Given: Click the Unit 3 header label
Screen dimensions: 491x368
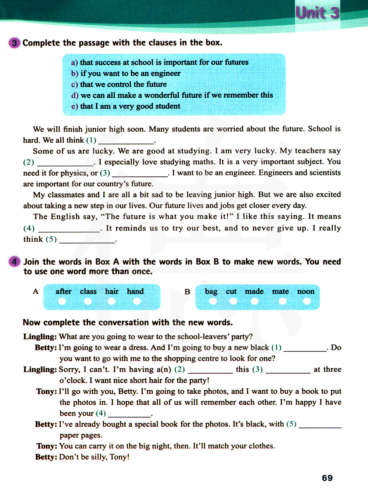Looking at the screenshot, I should (317, 13).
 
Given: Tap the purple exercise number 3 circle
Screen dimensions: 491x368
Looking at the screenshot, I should (14, 43).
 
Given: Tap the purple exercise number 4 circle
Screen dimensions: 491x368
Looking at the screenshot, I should (14, 262).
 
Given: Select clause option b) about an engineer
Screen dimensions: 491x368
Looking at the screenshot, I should (126, 74).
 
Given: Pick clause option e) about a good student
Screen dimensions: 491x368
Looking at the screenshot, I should (126, 106).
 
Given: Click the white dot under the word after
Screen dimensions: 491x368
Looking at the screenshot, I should (62, 301).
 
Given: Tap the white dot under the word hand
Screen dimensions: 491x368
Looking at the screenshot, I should (137, 301).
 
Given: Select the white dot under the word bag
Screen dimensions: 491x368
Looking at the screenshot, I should (212, 301).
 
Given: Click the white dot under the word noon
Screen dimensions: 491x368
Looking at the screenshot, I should (307, 301).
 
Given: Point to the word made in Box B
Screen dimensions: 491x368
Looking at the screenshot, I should (254, 291).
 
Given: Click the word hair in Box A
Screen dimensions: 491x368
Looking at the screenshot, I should (112, 291).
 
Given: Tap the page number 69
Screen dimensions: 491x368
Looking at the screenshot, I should (327, 478).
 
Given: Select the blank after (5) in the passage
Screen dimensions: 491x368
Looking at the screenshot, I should (87, 240).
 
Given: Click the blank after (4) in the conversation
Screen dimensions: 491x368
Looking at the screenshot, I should (129, 414).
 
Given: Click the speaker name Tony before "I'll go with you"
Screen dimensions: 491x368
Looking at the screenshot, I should (46, 391).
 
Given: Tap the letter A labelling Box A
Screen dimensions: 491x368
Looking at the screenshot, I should (36, 291).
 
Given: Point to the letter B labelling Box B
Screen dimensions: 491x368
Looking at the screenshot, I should (187, 291).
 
